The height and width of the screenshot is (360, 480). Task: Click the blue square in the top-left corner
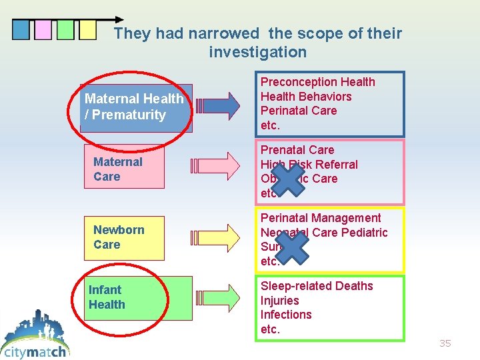[21, 29]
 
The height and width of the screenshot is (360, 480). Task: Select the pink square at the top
[43, 29]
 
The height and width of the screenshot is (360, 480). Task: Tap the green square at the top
[65, 29]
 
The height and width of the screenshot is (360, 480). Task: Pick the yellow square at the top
[87, 29]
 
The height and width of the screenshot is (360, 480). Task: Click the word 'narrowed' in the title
[223, 33]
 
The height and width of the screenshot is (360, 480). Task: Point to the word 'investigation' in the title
[258, 52]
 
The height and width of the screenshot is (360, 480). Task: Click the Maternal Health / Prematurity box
[136, 107]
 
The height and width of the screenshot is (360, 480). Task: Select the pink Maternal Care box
[124, 169]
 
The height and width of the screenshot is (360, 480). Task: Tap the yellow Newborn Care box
[124, 237]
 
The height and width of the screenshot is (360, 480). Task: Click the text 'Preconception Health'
[317, 82]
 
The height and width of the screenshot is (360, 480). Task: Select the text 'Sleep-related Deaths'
[317, 286]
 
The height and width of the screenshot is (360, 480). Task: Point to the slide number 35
[445, 343]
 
